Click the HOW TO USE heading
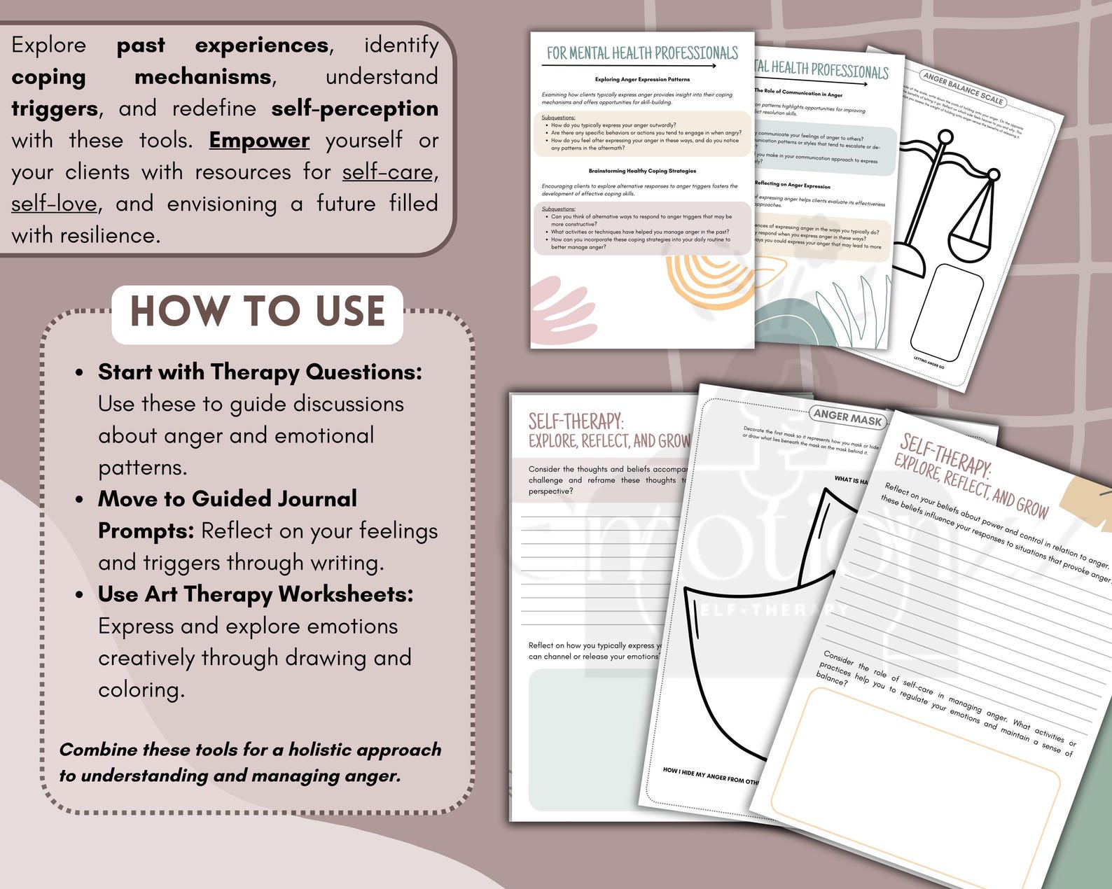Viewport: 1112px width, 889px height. click(257, 312)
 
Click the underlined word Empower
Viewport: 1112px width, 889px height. click(259, 140)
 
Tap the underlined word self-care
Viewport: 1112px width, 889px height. click(387, 172)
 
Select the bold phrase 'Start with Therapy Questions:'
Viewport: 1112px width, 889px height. click(260, 372)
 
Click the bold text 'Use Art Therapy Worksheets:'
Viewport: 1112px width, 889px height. click(256, 594)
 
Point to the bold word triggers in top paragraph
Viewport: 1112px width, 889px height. click(55, 108)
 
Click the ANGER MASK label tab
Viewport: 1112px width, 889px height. click(847, 419)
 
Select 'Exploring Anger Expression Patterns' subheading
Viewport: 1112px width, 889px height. click(642, 80)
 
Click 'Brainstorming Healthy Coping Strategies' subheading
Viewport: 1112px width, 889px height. click(642, 171)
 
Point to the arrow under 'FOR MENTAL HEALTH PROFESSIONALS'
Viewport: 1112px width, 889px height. click(629, 66)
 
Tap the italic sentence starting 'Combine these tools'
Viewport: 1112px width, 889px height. click(250, 762)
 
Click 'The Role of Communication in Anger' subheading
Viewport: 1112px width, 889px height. click(798, 93)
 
